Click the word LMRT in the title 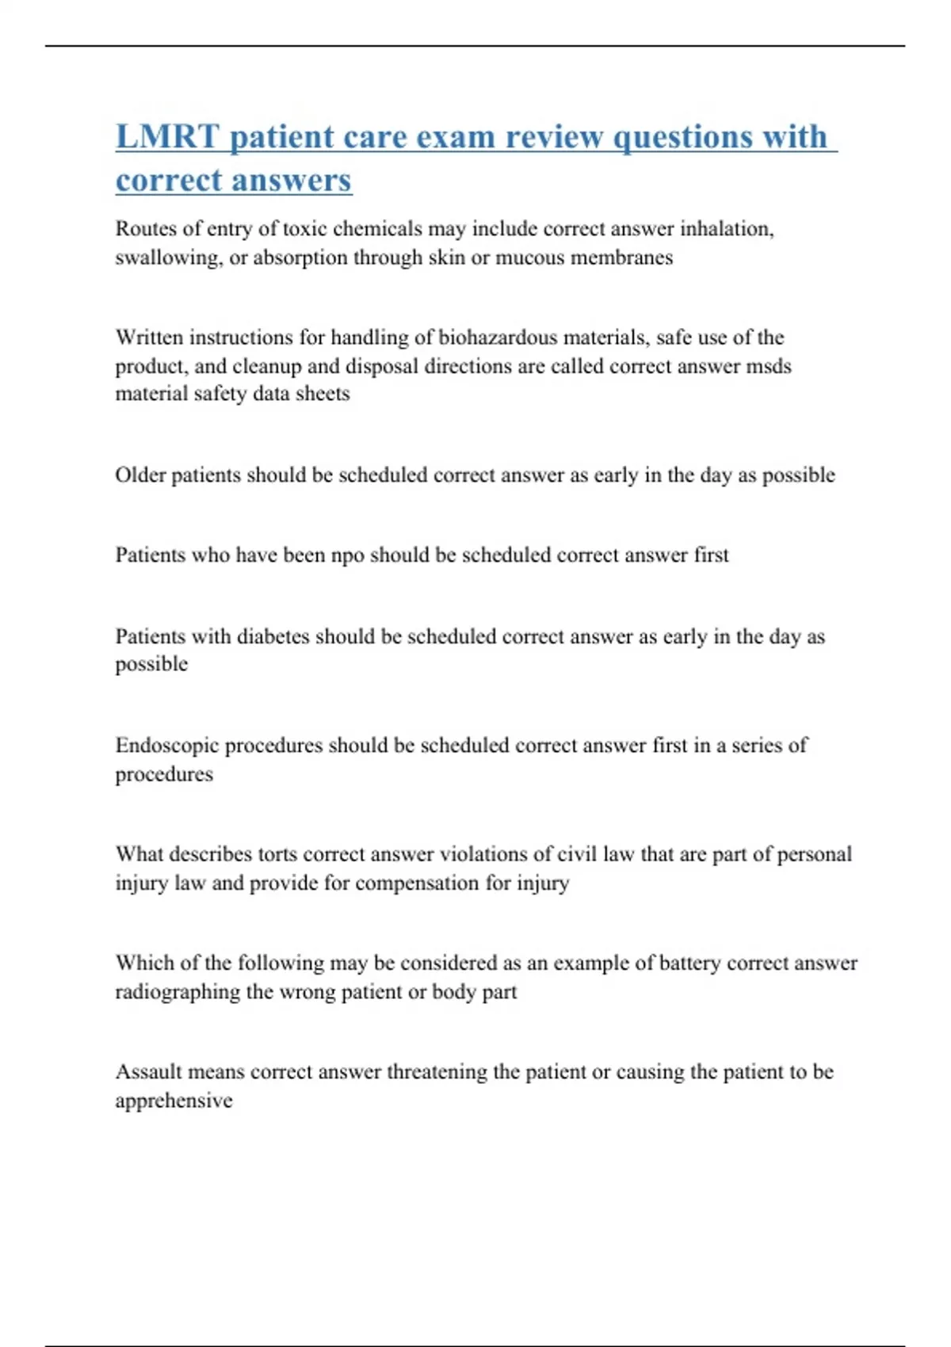[167, 136]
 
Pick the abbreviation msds [769, 366]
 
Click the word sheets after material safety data [323, 394]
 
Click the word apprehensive [174, 1101]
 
